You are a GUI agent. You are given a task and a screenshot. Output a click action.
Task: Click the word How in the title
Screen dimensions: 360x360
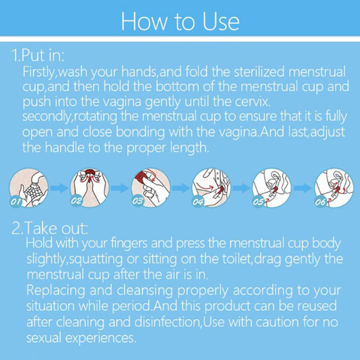pos(144,21)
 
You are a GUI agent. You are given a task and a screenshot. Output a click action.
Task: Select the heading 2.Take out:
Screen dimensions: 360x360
pos(50,228)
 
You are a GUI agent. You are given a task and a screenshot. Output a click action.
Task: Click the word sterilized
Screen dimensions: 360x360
pos(259,71)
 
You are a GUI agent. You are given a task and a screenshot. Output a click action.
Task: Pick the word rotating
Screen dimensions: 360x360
pos(96,117)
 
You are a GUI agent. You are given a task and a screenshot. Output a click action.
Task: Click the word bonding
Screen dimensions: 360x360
pos(140,132)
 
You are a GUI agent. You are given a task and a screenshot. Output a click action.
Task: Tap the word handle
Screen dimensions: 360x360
pos(65,147)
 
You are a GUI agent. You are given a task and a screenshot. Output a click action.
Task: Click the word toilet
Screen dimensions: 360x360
pos(237,259)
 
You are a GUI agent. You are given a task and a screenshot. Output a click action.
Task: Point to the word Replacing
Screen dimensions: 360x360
pos(56,290)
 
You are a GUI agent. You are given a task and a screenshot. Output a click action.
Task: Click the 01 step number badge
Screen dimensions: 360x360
pos(16,202)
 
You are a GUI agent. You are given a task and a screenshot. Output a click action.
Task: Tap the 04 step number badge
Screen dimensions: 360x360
pos(198,201)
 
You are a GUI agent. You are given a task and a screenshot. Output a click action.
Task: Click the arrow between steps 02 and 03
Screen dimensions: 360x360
pos(120,188)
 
